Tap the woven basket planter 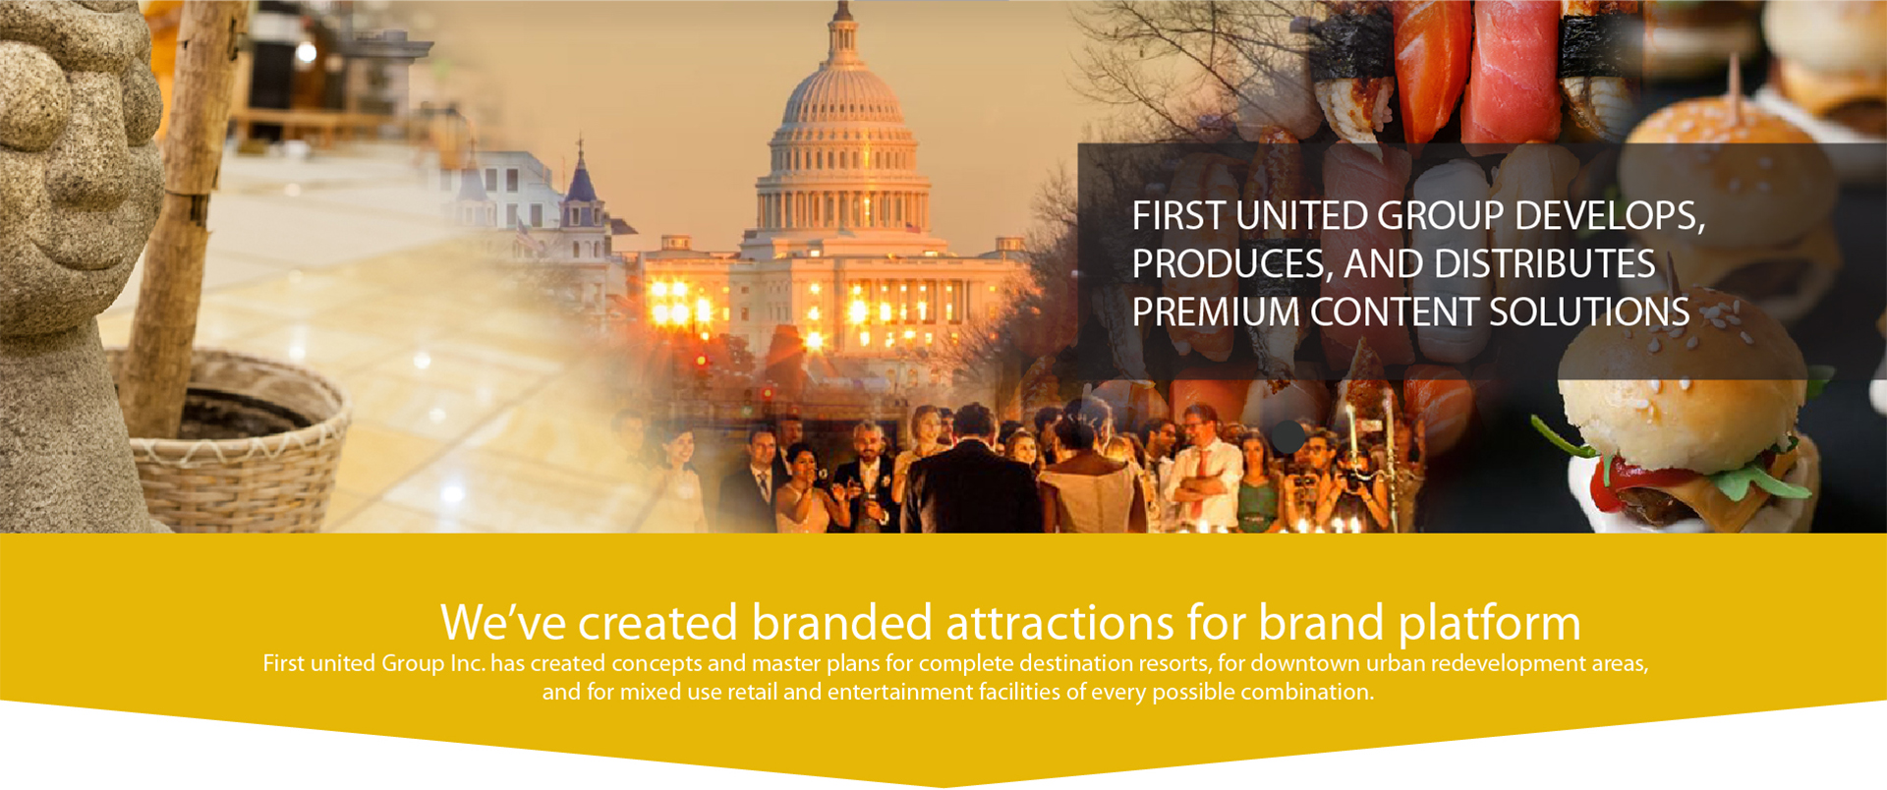pos(236,442)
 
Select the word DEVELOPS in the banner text pos(1610,217)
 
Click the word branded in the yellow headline pos(841,623)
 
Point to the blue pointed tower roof pos(581,177)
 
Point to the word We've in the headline pos(502,623)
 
